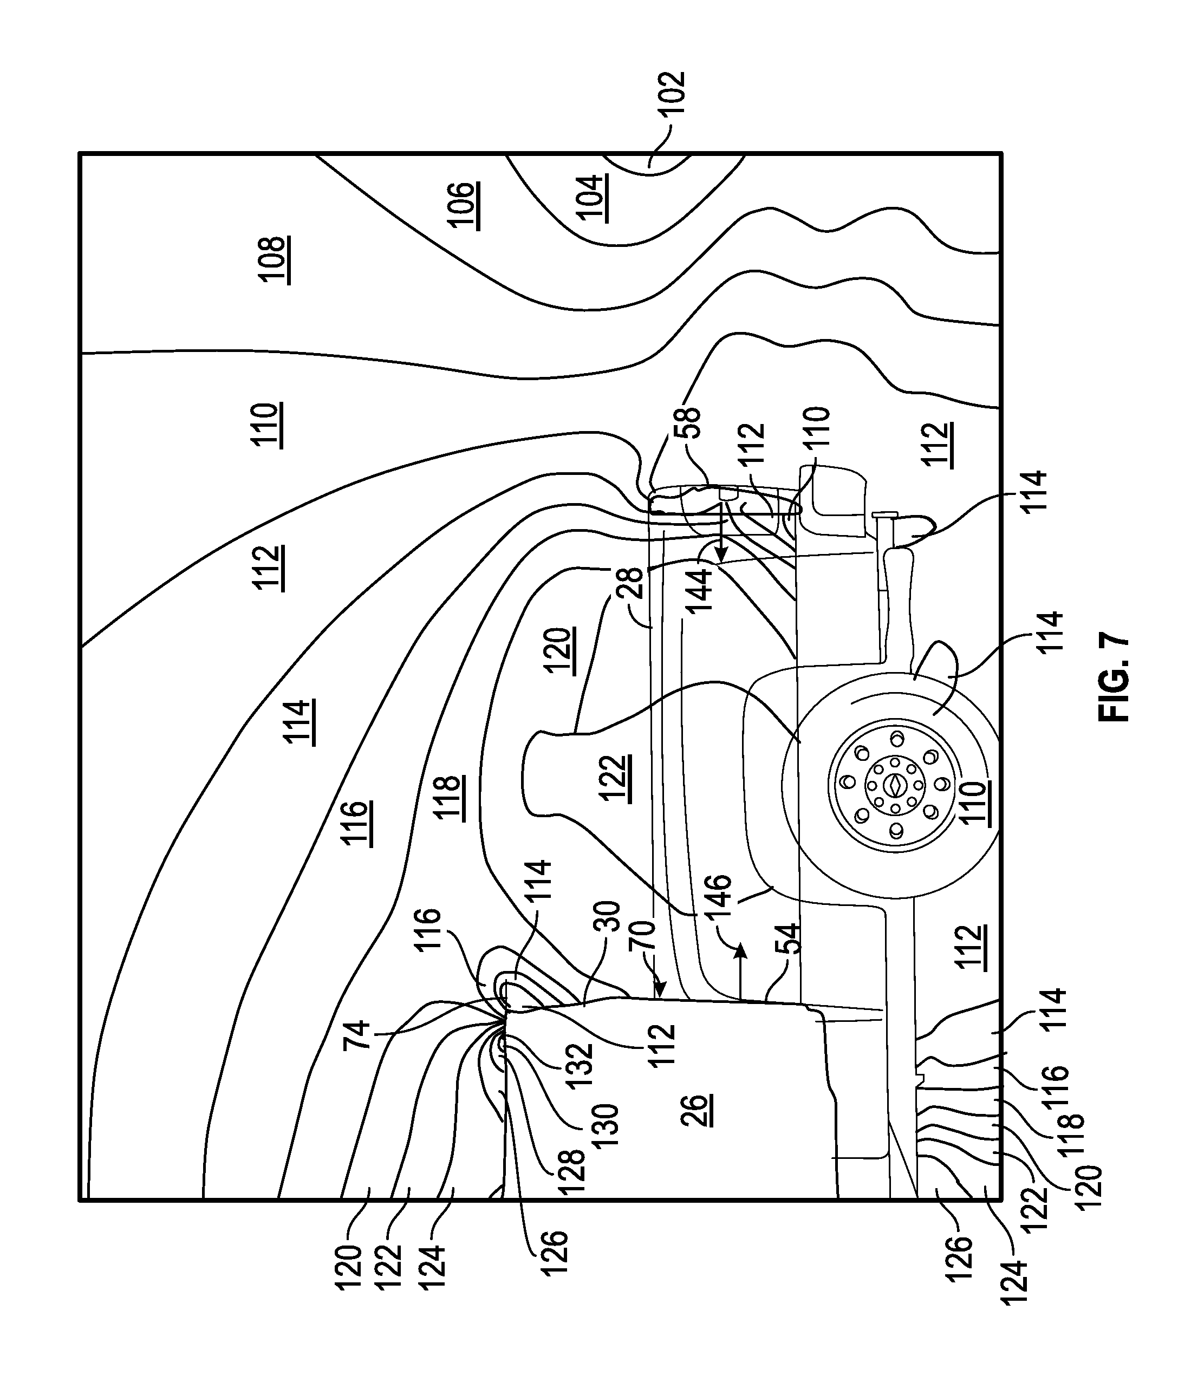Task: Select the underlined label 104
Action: [591, 198]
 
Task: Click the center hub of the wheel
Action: [894, 786]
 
